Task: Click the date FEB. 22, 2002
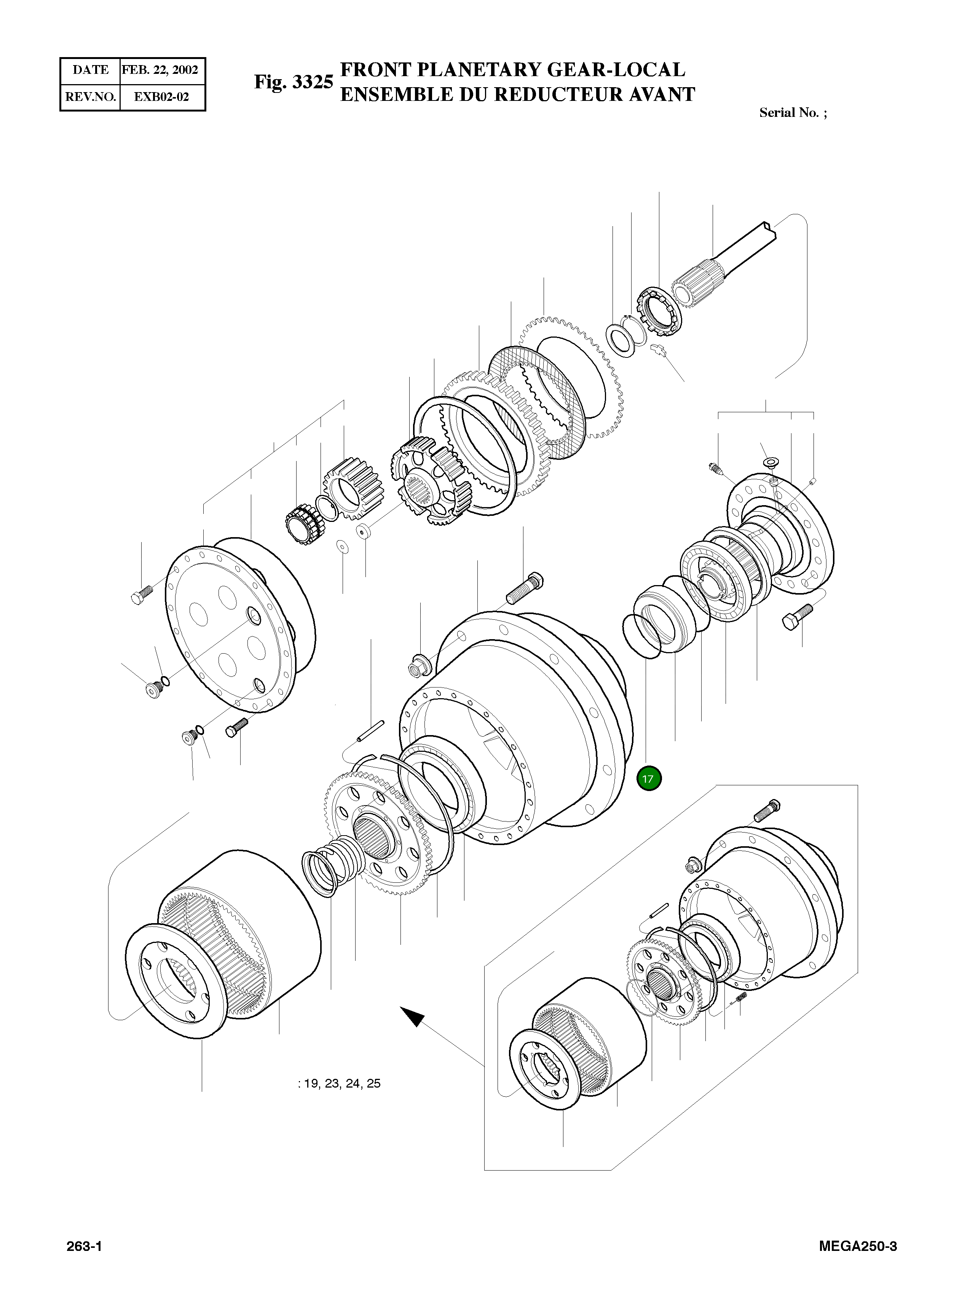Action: (x=160, y=70)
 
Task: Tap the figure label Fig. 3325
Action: (x=294, y=82)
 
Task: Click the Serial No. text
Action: (x=792, y=113)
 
